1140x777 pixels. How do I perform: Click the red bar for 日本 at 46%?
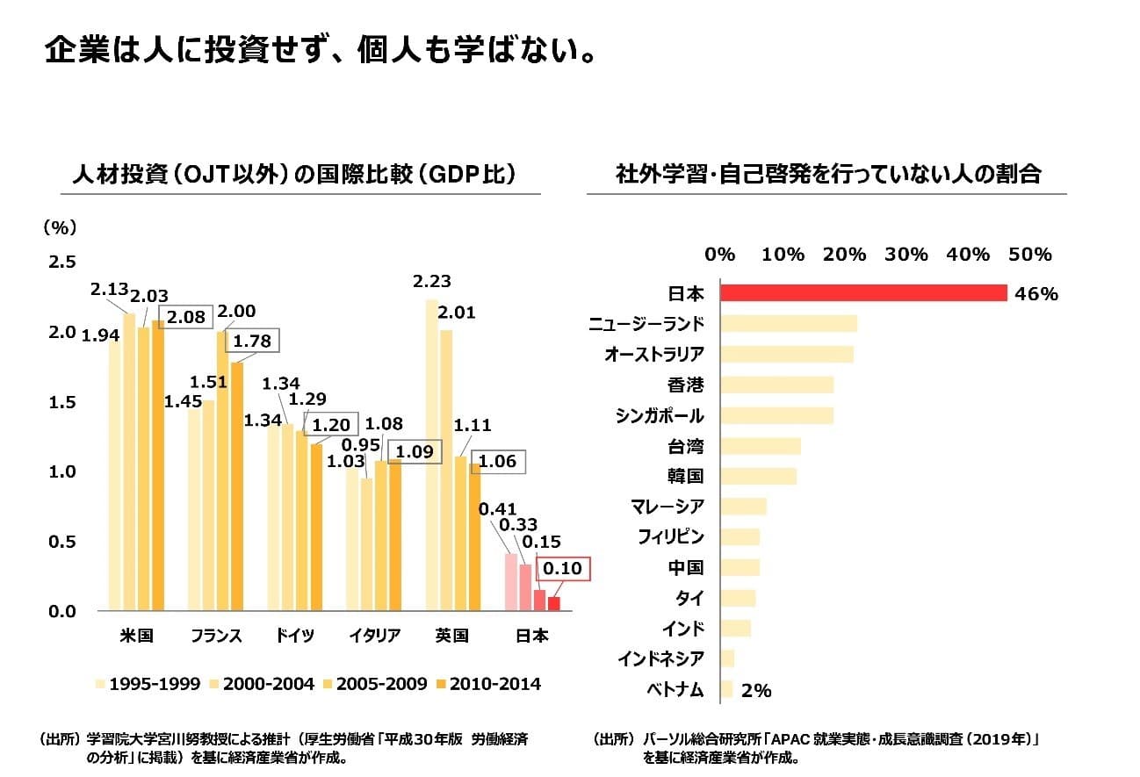click(862, 293)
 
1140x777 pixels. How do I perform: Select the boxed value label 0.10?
click(563, 569)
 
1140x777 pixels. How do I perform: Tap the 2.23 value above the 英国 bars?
click(431, 282)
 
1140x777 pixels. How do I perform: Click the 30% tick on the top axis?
click(906, 255)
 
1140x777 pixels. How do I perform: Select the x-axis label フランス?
click(216, 636)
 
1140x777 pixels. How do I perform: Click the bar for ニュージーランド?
click(788, 324)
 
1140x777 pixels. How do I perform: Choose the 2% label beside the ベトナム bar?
click(756, 691)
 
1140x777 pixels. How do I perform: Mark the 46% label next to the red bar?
click(1036, 294)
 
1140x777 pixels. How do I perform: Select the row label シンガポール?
click(660, 415)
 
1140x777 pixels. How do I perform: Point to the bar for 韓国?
click(758, 476)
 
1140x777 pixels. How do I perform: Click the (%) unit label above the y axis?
click(60, 227)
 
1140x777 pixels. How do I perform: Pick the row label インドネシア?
click(660, 659)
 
